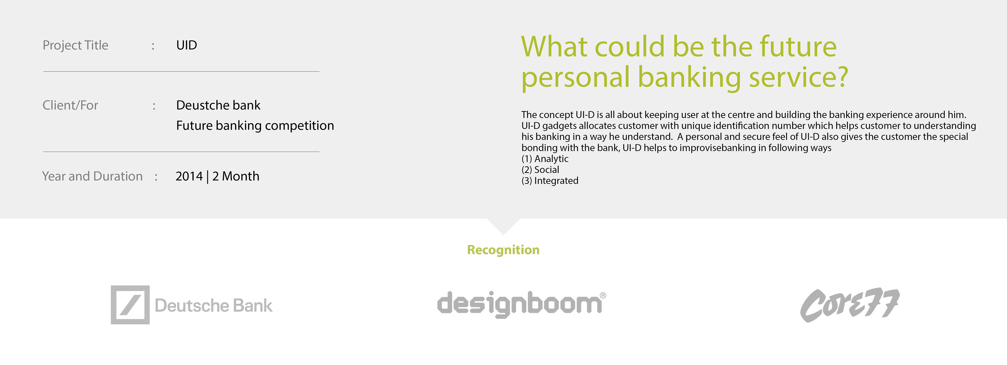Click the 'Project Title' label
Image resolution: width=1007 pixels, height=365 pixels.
click(76, 45)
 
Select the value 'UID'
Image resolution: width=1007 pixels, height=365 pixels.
click(186, 45)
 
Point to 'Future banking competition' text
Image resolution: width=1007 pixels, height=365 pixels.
click(255, 126)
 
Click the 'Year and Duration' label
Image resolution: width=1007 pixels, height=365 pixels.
click(92, 176)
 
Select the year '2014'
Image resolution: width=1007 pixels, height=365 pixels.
click(189, 176)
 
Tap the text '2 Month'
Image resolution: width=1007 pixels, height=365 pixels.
click(236, 176)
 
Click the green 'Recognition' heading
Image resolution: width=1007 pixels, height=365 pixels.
click(503, 250)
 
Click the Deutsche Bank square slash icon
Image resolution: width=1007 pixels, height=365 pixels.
click(130, 305)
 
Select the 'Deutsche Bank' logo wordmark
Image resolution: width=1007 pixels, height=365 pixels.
click(213, 306)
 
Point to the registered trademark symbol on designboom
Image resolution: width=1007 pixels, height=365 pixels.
click(603, 296)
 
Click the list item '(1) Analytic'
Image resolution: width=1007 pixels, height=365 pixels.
click(545, 159)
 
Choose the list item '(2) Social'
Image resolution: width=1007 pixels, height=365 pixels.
click(540, 170)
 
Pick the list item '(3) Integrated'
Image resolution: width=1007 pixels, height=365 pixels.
click(550, 181)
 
